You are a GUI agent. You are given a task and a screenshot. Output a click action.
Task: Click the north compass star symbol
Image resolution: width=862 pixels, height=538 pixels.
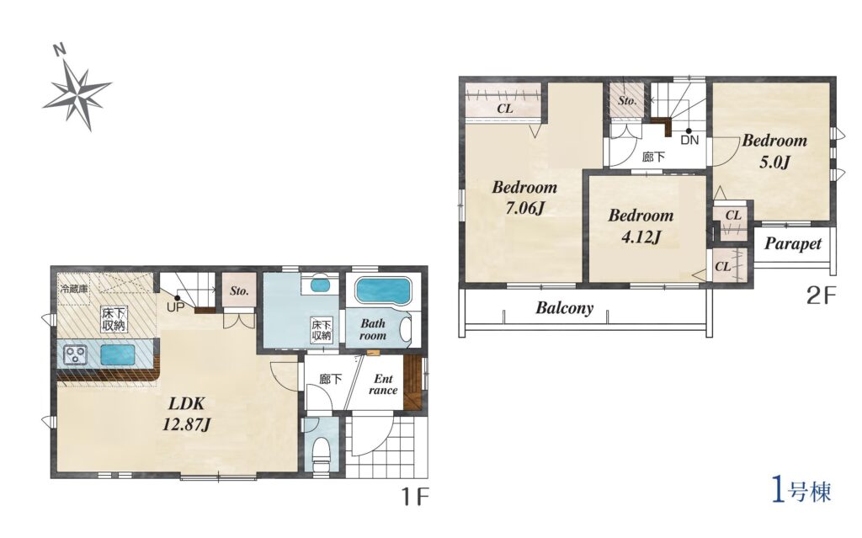pyautogui.click(x=77, y=94)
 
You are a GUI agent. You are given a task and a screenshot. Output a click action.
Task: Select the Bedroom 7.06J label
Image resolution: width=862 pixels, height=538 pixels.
pyautogui.click(x=524, y=197)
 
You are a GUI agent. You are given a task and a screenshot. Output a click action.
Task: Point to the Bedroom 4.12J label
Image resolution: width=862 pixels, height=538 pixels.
pyautogui.click(x=641, y=226)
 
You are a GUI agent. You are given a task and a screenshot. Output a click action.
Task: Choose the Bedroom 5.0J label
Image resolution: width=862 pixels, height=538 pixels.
pyautogui.click(x=774, y=151)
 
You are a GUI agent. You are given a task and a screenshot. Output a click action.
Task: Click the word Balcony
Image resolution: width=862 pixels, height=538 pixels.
pyautogui.click(x=565, y=307)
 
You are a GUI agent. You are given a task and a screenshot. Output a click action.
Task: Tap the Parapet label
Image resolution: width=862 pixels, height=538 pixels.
pyautogui.click(x=793, y=243)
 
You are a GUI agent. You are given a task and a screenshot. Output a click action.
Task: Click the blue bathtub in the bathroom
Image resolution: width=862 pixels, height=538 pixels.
pyautogui.click(x=383, y=290)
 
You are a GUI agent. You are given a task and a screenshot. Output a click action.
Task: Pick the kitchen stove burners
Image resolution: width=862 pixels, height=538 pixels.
pyautogui.click(x=74, y=354)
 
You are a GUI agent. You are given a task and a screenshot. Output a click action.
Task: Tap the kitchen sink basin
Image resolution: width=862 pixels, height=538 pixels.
pyautogui.click(x=118, y=354)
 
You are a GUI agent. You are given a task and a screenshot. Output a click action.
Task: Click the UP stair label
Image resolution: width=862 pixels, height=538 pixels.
pyautogui.click(x=176, y=307)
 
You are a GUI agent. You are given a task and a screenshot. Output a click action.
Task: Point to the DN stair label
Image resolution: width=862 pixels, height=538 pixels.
pyautogui.click(x=689, y=141)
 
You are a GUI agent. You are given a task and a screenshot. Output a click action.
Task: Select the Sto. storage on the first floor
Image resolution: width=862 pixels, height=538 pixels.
pyautogui.click(x=239, y=291)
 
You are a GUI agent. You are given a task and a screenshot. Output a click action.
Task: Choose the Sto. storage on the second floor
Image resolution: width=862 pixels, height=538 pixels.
pyautogui.click(x=627, y=100)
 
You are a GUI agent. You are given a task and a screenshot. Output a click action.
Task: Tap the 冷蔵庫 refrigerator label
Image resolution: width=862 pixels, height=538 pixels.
pyautogui.click(x=74, y=288)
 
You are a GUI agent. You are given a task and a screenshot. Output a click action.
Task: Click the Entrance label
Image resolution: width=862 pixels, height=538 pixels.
pyautogui.click(x=383, y=385)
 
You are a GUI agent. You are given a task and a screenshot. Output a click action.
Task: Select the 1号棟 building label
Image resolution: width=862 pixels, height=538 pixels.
pyautogui.click(x=802, y=491)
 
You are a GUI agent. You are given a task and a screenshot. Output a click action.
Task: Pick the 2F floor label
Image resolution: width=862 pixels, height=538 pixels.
pyautogui.click(x=820, y=296)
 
